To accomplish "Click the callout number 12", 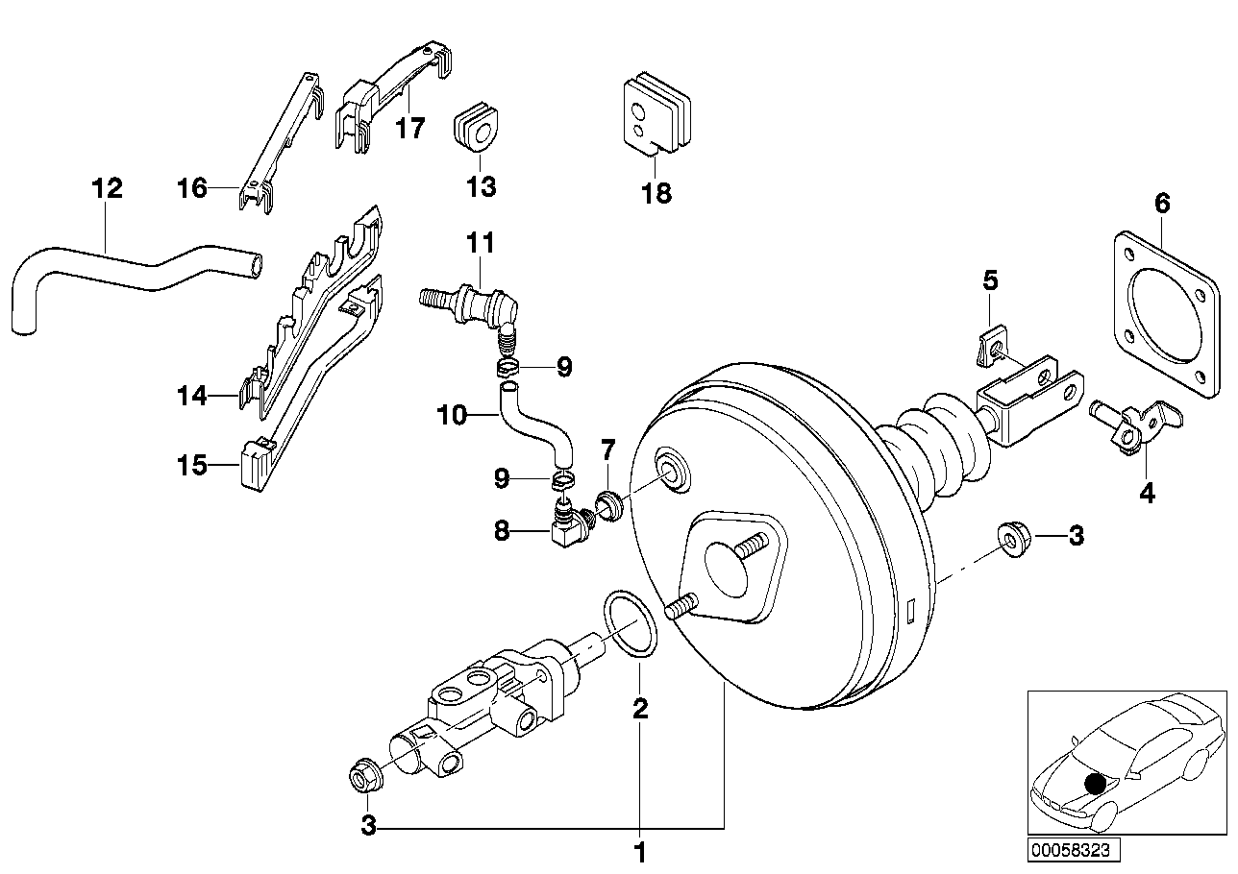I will (x=107, y=188).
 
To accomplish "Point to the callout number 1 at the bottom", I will (x=639, y=852).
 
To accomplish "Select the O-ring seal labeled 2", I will (x=631, y=625).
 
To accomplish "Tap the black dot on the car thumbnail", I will (x=1095, y=784).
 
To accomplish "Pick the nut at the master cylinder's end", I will (x=363, y=777).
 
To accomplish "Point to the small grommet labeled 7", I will (x=607, y=504).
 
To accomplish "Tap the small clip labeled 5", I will (x=990, y=349).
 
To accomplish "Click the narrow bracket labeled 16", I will (x=279, y=139).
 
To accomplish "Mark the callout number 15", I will (x=192, y=467).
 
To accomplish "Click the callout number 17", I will (x=409, y=128).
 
